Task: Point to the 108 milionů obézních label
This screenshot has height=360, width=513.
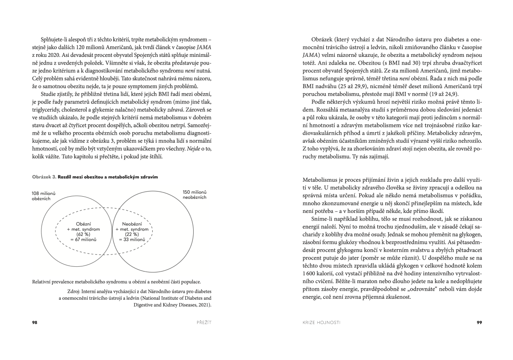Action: pyautogui.click(x=41, y=196)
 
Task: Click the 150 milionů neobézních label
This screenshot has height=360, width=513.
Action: pyautogui.click(x=194, y=194)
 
